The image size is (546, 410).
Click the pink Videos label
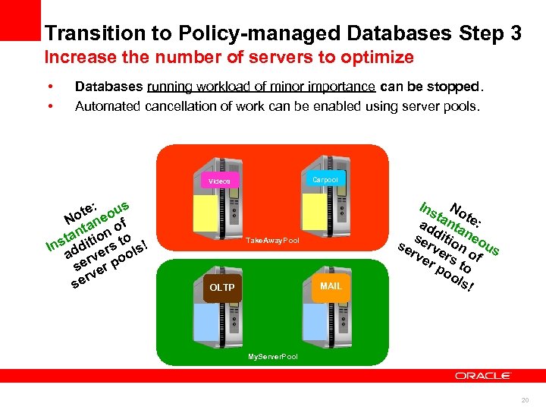[x=220, y=181]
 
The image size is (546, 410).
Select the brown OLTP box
[x=221, y=288]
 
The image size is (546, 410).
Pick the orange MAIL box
[x=331, y=285]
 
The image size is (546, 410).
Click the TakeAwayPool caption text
[x=272, y=241]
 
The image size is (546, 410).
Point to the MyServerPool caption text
[x=273, y=356]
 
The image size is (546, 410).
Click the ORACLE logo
[x=483, y=375]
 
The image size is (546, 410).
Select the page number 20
[x=525, y=400]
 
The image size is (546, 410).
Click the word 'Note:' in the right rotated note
[x=466, y=213]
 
